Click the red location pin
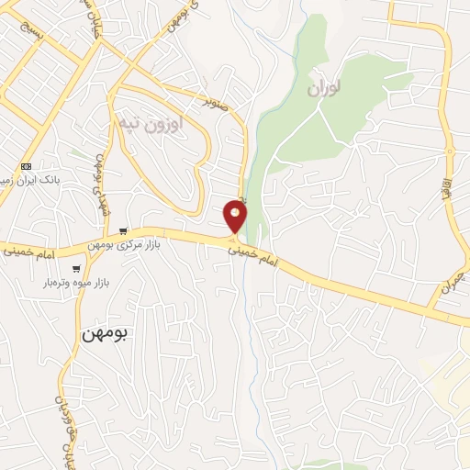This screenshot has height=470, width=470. click(235, 218)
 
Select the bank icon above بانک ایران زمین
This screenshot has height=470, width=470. click(26, 166)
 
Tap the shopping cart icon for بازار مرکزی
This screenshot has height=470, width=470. click(123, 231)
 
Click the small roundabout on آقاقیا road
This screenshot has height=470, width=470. click(450, 150)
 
